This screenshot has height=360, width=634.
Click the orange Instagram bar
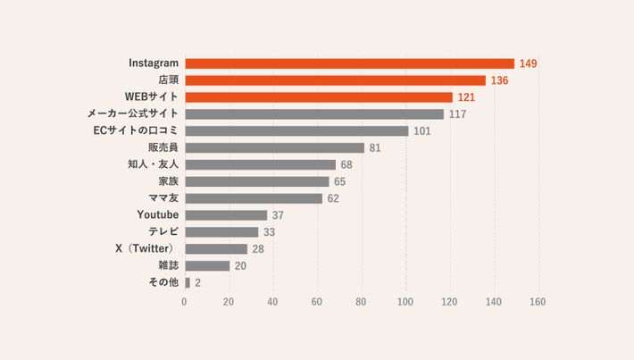pos(349,63)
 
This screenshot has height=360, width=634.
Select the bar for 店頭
pos(335,80)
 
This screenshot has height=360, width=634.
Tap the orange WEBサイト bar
pos(319,96)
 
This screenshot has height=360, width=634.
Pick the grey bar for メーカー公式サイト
pos(314,113)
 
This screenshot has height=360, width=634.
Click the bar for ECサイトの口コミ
pos(296,130)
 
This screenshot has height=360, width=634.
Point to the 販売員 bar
pos(274,147)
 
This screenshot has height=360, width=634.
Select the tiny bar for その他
pos(187,282)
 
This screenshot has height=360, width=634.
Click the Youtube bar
pos(226,214)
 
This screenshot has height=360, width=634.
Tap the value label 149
pos(528,63)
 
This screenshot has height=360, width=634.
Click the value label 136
pos(499,80)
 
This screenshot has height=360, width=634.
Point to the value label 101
pos(422,130)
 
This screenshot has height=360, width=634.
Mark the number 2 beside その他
pos(197,282)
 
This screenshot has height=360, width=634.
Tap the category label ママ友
pos(163,197)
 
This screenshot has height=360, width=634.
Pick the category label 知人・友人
pos(154,164)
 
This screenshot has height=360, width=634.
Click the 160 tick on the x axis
pos(537,302)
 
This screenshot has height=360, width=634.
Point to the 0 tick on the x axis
pos(185,302)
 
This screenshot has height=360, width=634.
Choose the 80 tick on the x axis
pos(361,302)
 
